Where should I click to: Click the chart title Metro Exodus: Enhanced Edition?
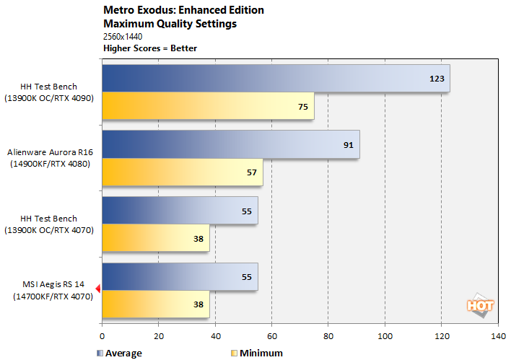click(x=184, y=11)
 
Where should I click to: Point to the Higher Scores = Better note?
click(x=150, y=48)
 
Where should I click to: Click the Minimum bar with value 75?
click(x=208, y=106)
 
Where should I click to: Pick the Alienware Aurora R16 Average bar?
click(x=231, y=144)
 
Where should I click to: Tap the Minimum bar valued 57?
click(x=183, y=172)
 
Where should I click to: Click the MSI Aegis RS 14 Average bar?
click(x=180, y=277)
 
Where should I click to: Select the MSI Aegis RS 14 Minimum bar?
click(x=156, y=304)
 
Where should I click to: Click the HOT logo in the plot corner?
click(x=480, y=305)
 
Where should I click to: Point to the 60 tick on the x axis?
click(x=271, y=336)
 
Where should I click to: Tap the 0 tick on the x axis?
click(x=102, y=336)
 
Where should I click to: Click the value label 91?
click(x=348, y=145)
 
